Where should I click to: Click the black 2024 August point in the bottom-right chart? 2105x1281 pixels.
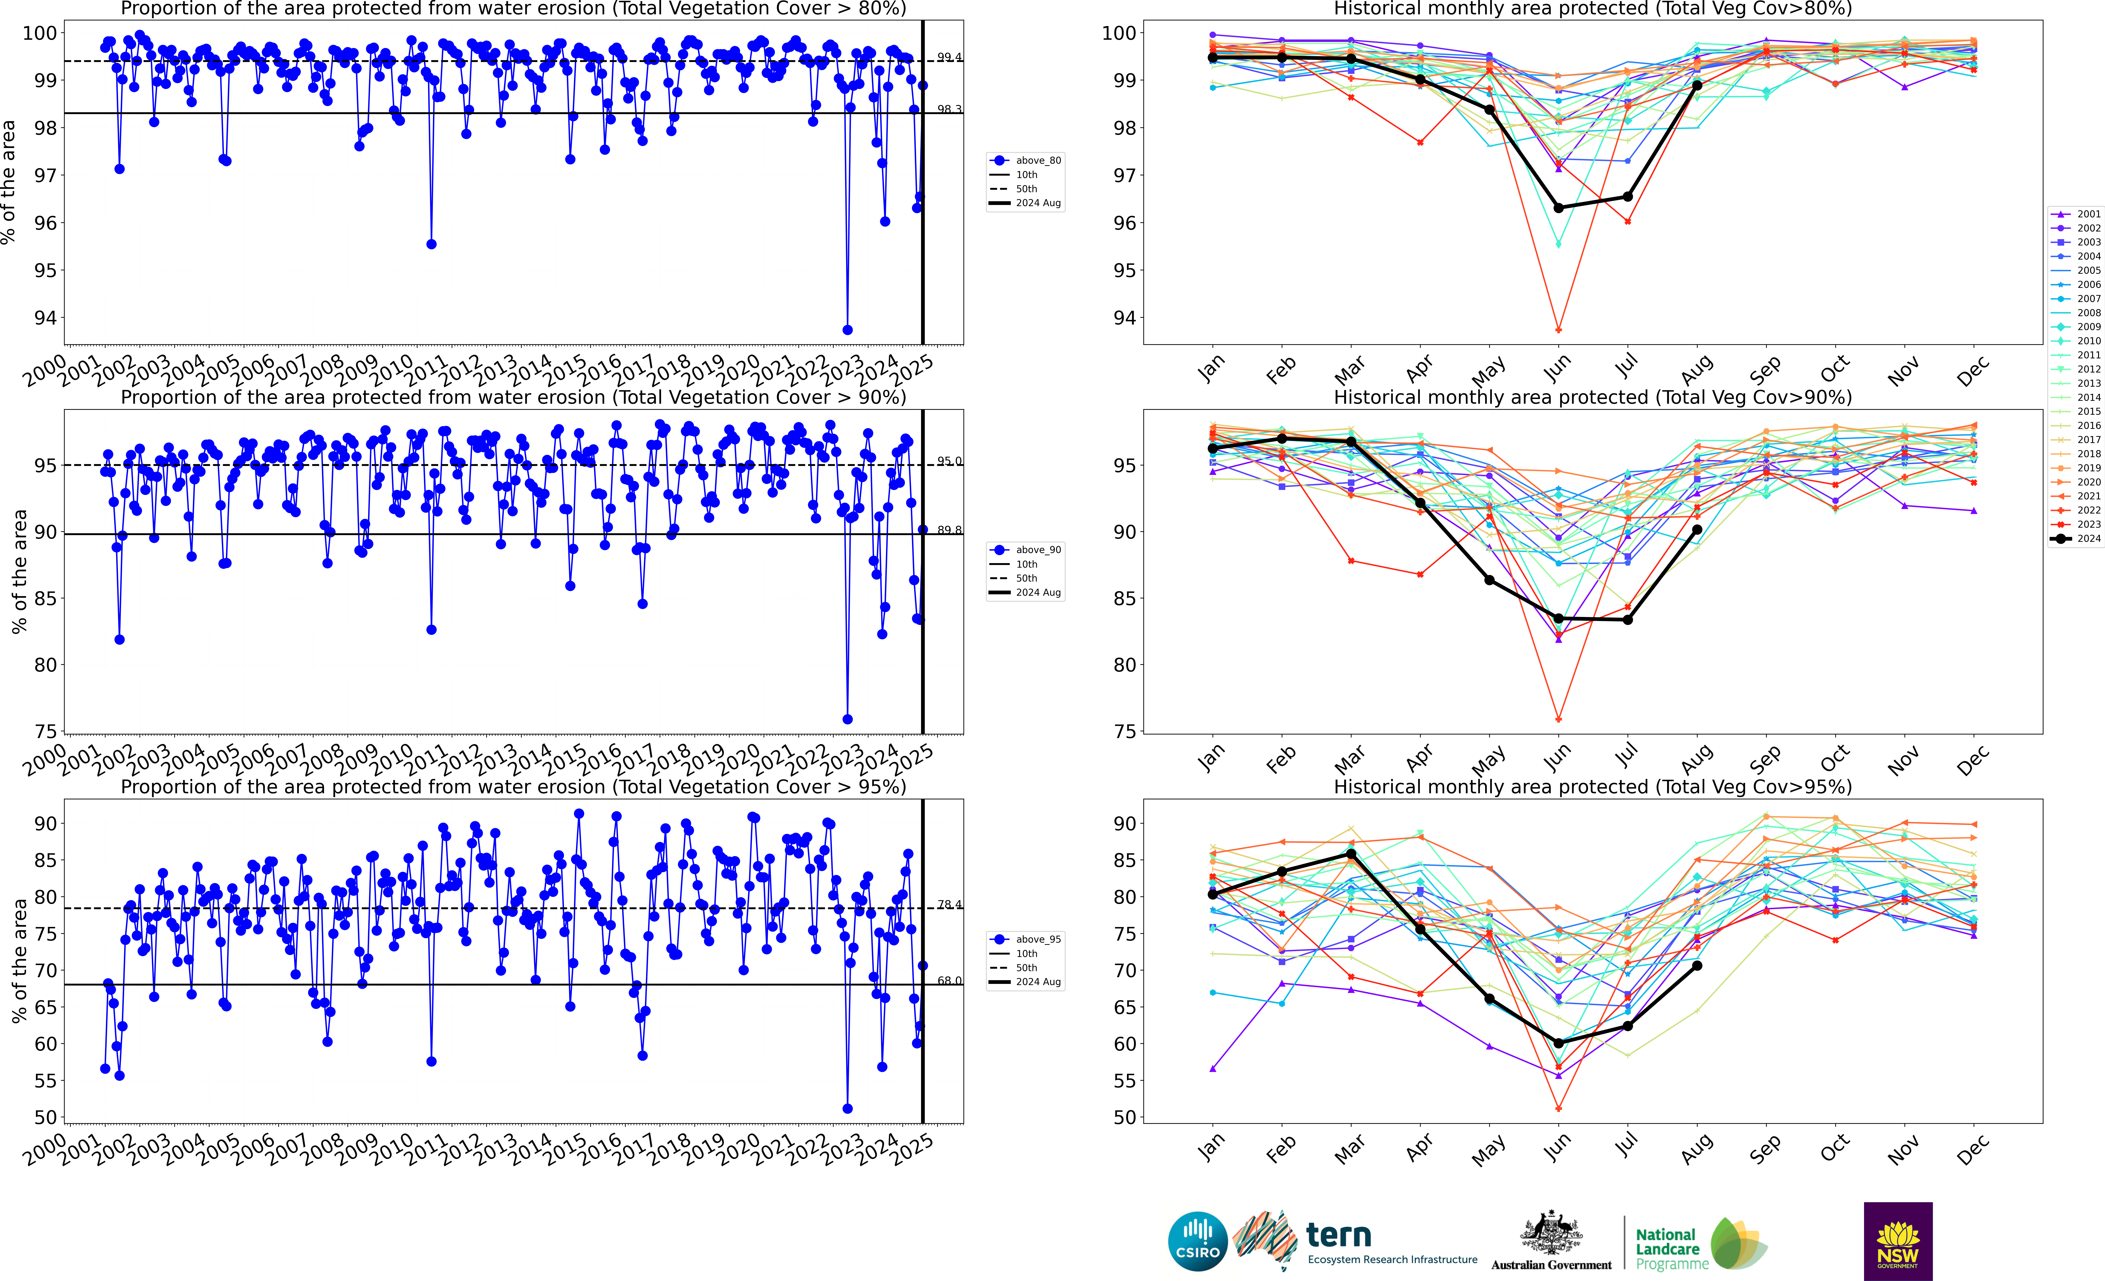click(1697, 966)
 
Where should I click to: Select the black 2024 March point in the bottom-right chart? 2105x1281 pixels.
click(1351, 854)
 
